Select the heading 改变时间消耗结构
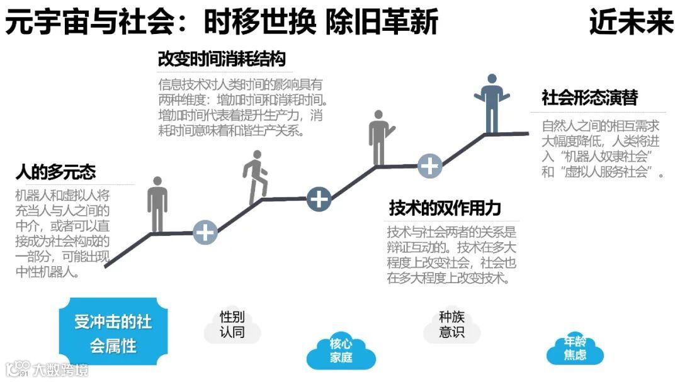coord(221,59)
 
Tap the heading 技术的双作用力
coord(445,208)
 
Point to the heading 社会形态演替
coord(589,98)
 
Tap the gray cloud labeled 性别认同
coord(232,325)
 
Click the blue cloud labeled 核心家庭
coord(341,351)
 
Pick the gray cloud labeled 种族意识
coord(451,325)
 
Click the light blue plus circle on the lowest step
coord(205,232)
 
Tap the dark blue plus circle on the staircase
coord(319,199)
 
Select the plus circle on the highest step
coord(430,166)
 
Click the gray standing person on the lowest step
coord(157,203)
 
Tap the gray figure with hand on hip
coord(379,137)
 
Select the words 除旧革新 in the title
coord(382,23)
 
